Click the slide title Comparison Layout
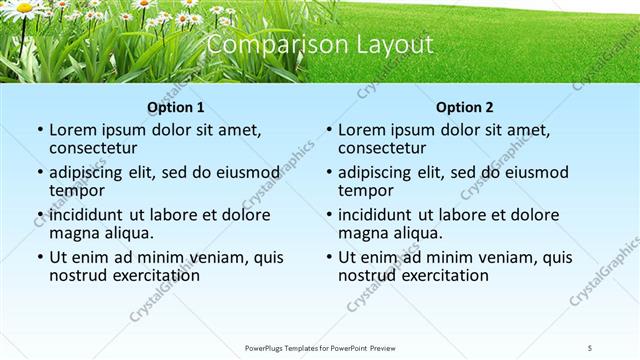pyautogui.click(x=320, y=45)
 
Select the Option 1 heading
pyautogui.click(x=175, y=107)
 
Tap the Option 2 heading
pyautogui.click(x=464, y=107)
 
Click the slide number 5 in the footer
pyautogui.click(x=590, y=348)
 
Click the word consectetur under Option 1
pyautogui.click(x=97, y=148)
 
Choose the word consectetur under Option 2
pyautogui.click(x=386, y=148)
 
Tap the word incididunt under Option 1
pyautogui.click(x=87, y=215)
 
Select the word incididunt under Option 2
pyautogui.click(x=376, y=215)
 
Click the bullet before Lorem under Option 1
pyautogui.click(x=39, y=131)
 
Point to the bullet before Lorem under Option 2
pyautogui.click(x=328, y=131)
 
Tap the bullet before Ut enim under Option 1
pyautogui.click(x=39, y=257)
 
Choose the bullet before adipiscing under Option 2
pyautogui.click(x=328, y=173)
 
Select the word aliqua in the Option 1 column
pyautogui.click(x=129, y=233)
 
